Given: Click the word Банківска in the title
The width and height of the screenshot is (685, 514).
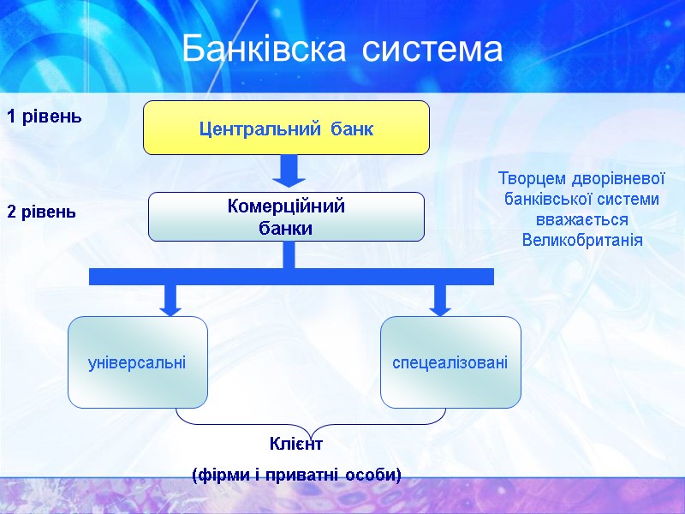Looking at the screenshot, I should [265, 51].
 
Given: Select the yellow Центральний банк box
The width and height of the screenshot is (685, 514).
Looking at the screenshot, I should [286, 128].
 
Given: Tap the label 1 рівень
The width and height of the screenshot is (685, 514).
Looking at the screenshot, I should [45, 117].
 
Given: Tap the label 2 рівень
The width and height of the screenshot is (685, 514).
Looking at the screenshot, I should [42, 212].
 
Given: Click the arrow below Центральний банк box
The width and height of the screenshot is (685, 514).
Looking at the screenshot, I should [289, 170].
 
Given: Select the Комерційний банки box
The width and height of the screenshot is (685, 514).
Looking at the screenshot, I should [286, 217].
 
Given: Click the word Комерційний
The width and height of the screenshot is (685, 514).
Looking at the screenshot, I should [286, 206].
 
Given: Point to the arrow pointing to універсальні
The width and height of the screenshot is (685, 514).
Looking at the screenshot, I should [170, 299].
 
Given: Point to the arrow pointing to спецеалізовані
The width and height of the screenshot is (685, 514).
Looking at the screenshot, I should [440, 299].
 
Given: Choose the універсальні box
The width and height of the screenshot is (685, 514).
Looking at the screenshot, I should [138, 362].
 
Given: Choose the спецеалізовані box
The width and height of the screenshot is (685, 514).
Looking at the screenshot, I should [450, 362].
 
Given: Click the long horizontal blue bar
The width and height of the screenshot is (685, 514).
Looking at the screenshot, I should [291, 276].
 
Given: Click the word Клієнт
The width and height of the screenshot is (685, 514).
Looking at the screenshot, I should [295, 445].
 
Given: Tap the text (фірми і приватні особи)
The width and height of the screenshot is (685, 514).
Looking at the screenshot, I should [297, 474].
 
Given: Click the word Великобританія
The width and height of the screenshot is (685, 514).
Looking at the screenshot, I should [582, 239].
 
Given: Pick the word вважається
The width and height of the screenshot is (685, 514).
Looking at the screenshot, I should [582, 219].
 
